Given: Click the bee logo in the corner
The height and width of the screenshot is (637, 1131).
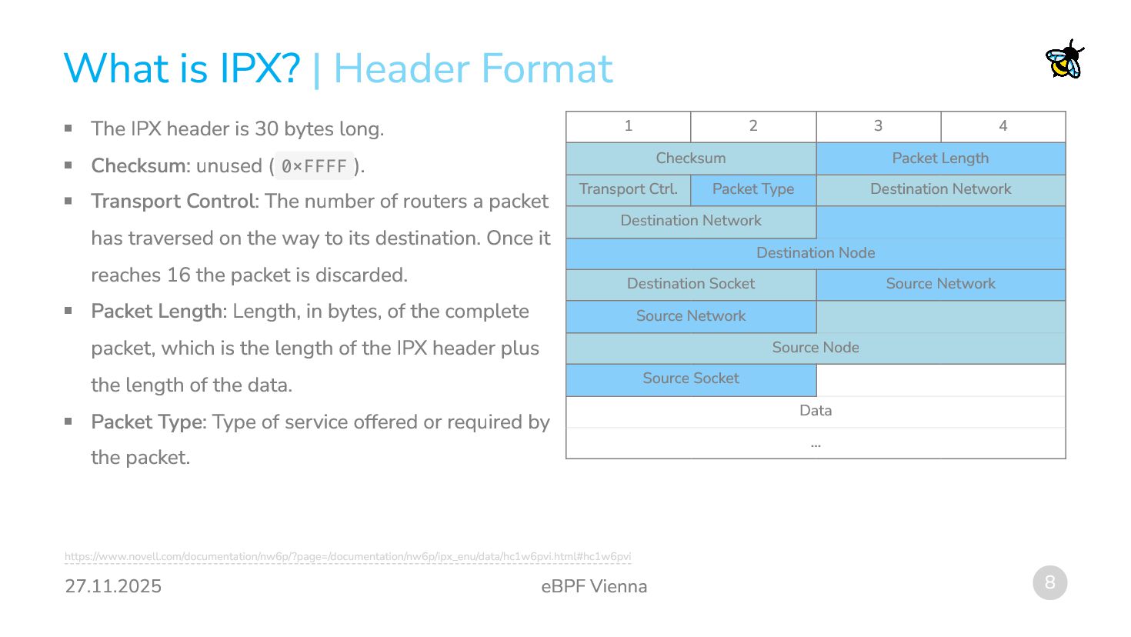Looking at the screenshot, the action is (1065, 59).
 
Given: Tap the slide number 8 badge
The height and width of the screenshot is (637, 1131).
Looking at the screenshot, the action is (1049, 582).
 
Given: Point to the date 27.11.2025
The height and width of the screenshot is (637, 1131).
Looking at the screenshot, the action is (113, 586).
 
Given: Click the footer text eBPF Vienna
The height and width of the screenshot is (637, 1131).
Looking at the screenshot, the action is (594, 586).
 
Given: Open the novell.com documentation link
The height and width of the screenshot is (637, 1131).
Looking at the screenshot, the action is (348, 556).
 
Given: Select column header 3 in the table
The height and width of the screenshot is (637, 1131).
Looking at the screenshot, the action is (878, 126).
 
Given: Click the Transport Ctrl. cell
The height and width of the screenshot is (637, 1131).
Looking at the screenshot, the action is (629, 189).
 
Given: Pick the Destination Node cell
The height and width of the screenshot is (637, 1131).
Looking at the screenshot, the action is (816, 253).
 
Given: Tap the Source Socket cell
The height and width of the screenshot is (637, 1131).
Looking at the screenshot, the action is (691, 379).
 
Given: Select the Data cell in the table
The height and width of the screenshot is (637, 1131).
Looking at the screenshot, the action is (816, 411).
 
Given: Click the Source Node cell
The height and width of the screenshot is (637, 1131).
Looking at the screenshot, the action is (816, 348).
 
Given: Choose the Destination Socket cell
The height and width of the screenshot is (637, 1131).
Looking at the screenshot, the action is (691, 284).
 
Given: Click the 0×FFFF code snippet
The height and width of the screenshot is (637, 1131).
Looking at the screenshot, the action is (314, 166).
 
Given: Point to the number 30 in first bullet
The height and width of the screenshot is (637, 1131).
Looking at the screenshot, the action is (266, 129).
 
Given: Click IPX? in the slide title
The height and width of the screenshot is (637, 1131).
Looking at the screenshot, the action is (259, 68).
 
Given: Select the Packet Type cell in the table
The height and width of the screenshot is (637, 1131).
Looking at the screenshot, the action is (753, 189).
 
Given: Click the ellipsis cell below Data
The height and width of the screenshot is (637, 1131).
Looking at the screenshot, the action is (816, 444).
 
